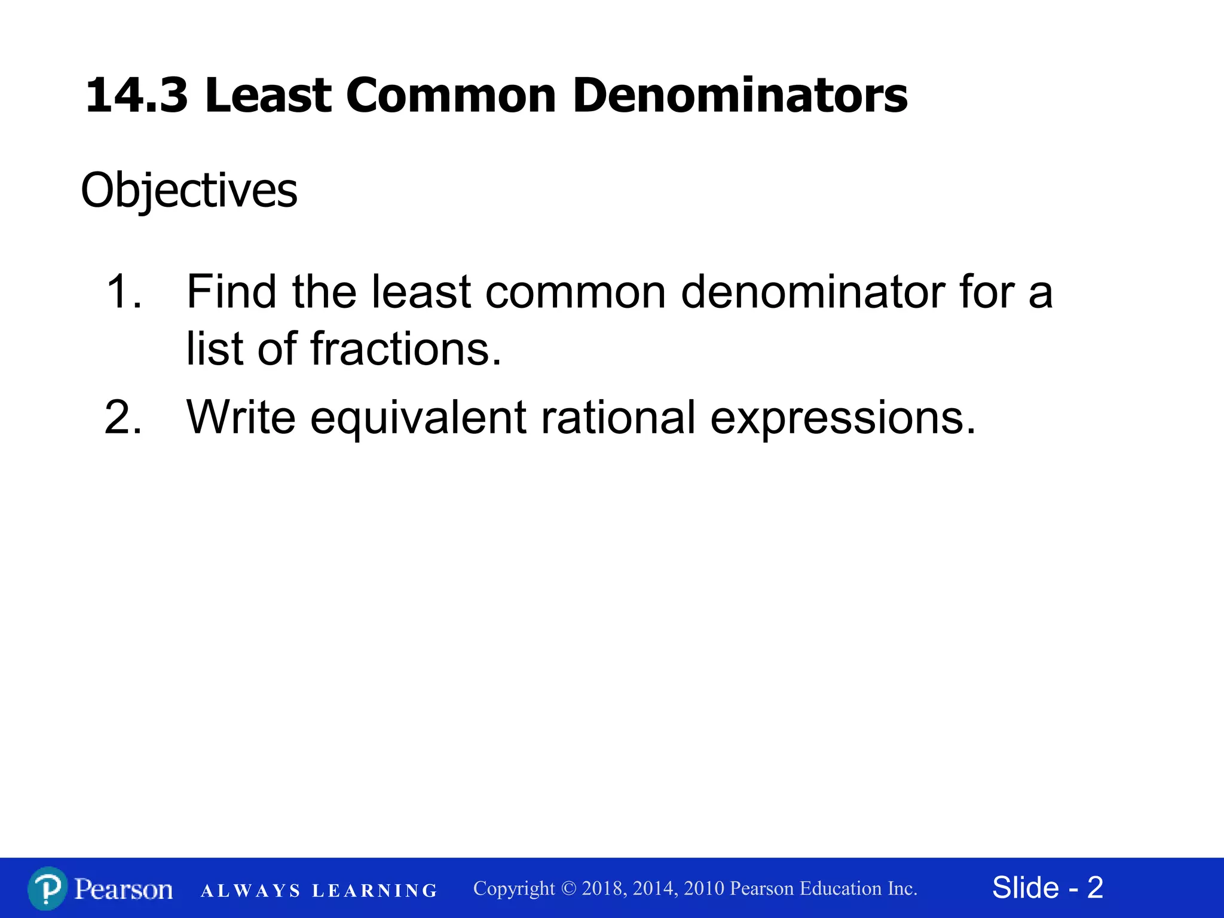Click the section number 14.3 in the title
[136, 96]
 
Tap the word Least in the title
[268, 96]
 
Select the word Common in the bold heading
[451, 96]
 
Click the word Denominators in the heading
[740, 96]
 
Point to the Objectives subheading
[189, 191]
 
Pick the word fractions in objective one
[406, 349]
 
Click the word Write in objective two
[241, 417]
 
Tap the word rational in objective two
[618, 417]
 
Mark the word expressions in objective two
[843, 417]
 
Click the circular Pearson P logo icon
[47, 889]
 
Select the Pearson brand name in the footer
[124, 889]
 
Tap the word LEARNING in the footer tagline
[375, 891]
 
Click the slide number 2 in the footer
[1095, 888]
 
